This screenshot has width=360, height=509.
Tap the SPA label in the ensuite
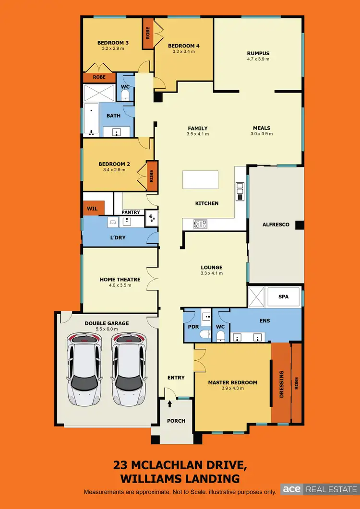[x=284, y=297]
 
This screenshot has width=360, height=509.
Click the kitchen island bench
[x=200, y=180]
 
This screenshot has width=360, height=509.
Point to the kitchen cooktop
[x=200, y=223]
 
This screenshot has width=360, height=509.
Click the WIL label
[x=92, y=209]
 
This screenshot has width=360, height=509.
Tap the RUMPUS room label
[x=258, y=53]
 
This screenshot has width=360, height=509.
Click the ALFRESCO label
[x=276, y=224]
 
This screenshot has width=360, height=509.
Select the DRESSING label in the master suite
[x=282, y=384]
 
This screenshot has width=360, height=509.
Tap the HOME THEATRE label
[x=120, y=279]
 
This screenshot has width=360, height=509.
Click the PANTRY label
[x=131, y=212]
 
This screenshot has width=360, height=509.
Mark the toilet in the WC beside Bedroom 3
[x=125, y=96]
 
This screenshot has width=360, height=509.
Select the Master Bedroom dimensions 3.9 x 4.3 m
[x=232, y=388]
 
